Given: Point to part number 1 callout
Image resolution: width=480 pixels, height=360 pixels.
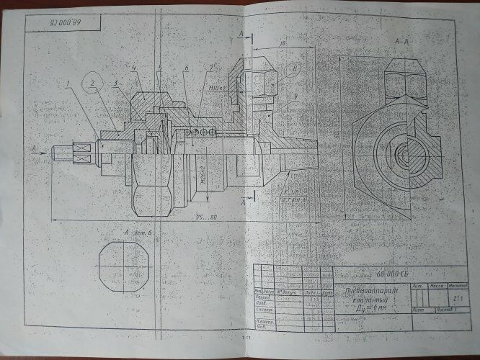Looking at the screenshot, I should point(66,84).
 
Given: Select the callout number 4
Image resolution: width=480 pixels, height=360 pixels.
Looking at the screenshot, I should point(134,68).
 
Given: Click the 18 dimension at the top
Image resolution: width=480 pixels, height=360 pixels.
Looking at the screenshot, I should point(283,45).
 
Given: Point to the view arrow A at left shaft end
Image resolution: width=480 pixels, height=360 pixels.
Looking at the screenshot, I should point(35,148).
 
